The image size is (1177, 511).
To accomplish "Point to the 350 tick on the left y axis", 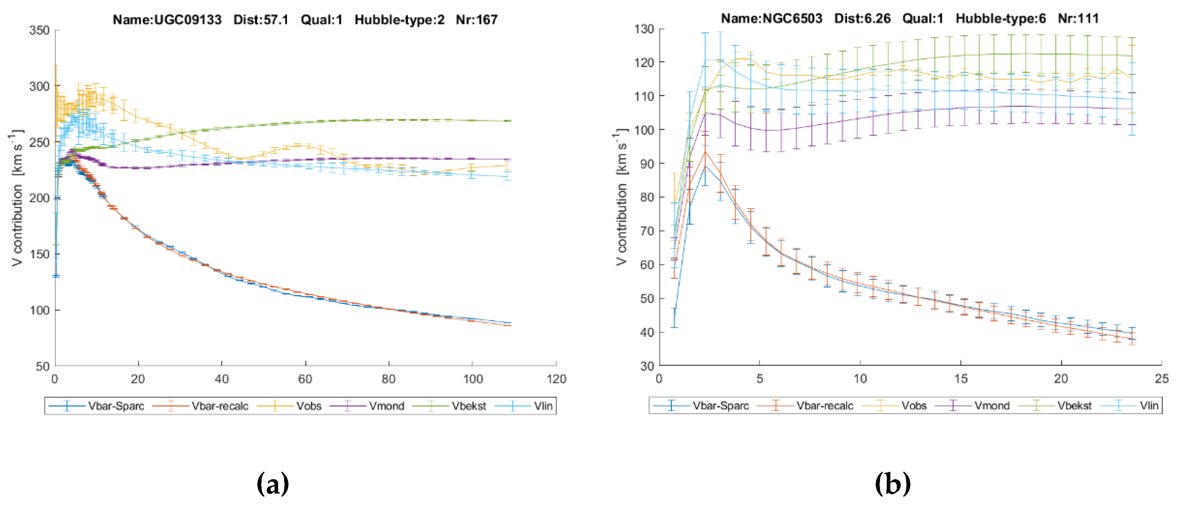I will coord(39,30).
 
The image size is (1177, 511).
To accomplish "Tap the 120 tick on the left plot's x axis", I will coord(556,379).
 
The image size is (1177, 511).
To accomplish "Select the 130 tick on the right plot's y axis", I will coord(644,29).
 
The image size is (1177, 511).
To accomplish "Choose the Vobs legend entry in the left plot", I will coord(308,406).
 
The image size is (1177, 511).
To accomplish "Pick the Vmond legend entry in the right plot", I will coord(991,406).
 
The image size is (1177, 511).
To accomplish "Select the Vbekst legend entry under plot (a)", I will coord(468,406).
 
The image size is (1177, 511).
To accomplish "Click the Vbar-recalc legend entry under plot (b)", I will coord(824,406).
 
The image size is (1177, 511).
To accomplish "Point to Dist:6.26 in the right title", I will coord(862,18).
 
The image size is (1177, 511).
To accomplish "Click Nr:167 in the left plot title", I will coord(476,20).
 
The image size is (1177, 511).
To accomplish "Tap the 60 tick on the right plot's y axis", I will coord(647,265).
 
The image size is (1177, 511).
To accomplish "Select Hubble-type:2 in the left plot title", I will coord(399,20).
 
